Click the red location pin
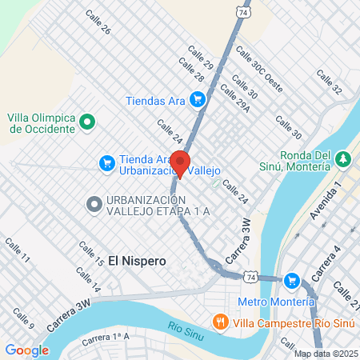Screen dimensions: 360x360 [x=180, y=162]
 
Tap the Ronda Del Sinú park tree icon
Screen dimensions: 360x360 [x=342, y=158]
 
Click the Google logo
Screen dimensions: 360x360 [x=27, y=350]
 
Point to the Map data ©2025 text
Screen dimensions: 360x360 [x=325, y=354]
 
